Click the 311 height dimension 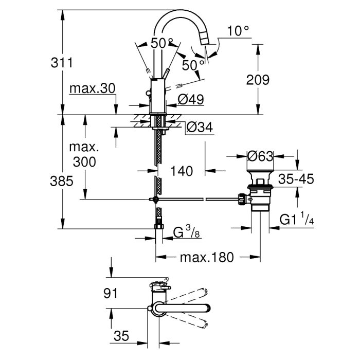62,62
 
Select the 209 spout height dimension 258,80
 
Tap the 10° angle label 238,31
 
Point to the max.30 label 92,88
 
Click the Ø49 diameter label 191,100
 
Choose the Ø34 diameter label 200,127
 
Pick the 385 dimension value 62,181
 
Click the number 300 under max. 84,162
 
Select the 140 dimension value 182,171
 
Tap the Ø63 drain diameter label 260,156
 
